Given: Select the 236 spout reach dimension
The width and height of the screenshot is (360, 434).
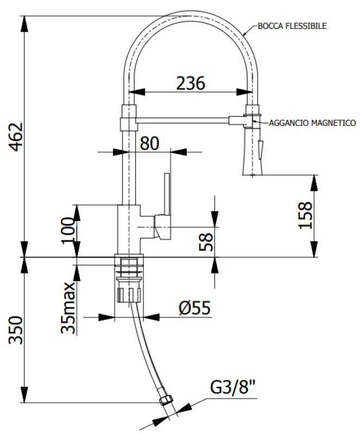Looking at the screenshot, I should point(191,83).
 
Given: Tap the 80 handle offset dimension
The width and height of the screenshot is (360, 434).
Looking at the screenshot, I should point(149,143).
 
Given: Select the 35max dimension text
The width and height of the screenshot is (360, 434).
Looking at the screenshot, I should point(67,308).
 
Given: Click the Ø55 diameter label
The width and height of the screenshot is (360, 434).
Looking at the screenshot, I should point(194,308).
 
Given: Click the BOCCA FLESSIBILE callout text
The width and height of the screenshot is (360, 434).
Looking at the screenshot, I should point(292,25).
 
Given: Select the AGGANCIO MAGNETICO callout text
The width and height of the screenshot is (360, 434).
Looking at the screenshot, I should point(312,123).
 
